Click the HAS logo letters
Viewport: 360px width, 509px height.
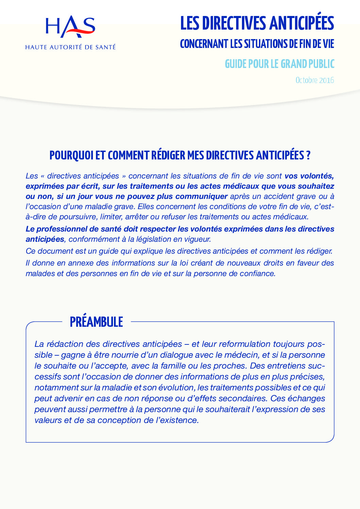[70, 28]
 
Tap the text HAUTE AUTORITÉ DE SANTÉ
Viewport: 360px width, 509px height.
[70, 47]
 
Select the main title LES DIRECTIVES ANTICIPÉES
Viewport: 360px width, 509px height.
[257, 23]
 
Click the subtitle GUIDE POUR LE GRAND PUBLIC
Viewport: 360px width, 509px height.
[279, 64]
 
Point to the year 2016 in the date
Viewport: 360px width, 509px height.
[327, 80]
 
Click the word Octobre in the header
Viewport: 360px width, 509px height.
[307, 80]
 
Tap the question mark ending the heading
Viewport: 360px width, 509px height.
[308, 155]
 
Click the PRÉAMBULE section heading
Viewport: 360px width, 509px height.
[96, 322]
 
